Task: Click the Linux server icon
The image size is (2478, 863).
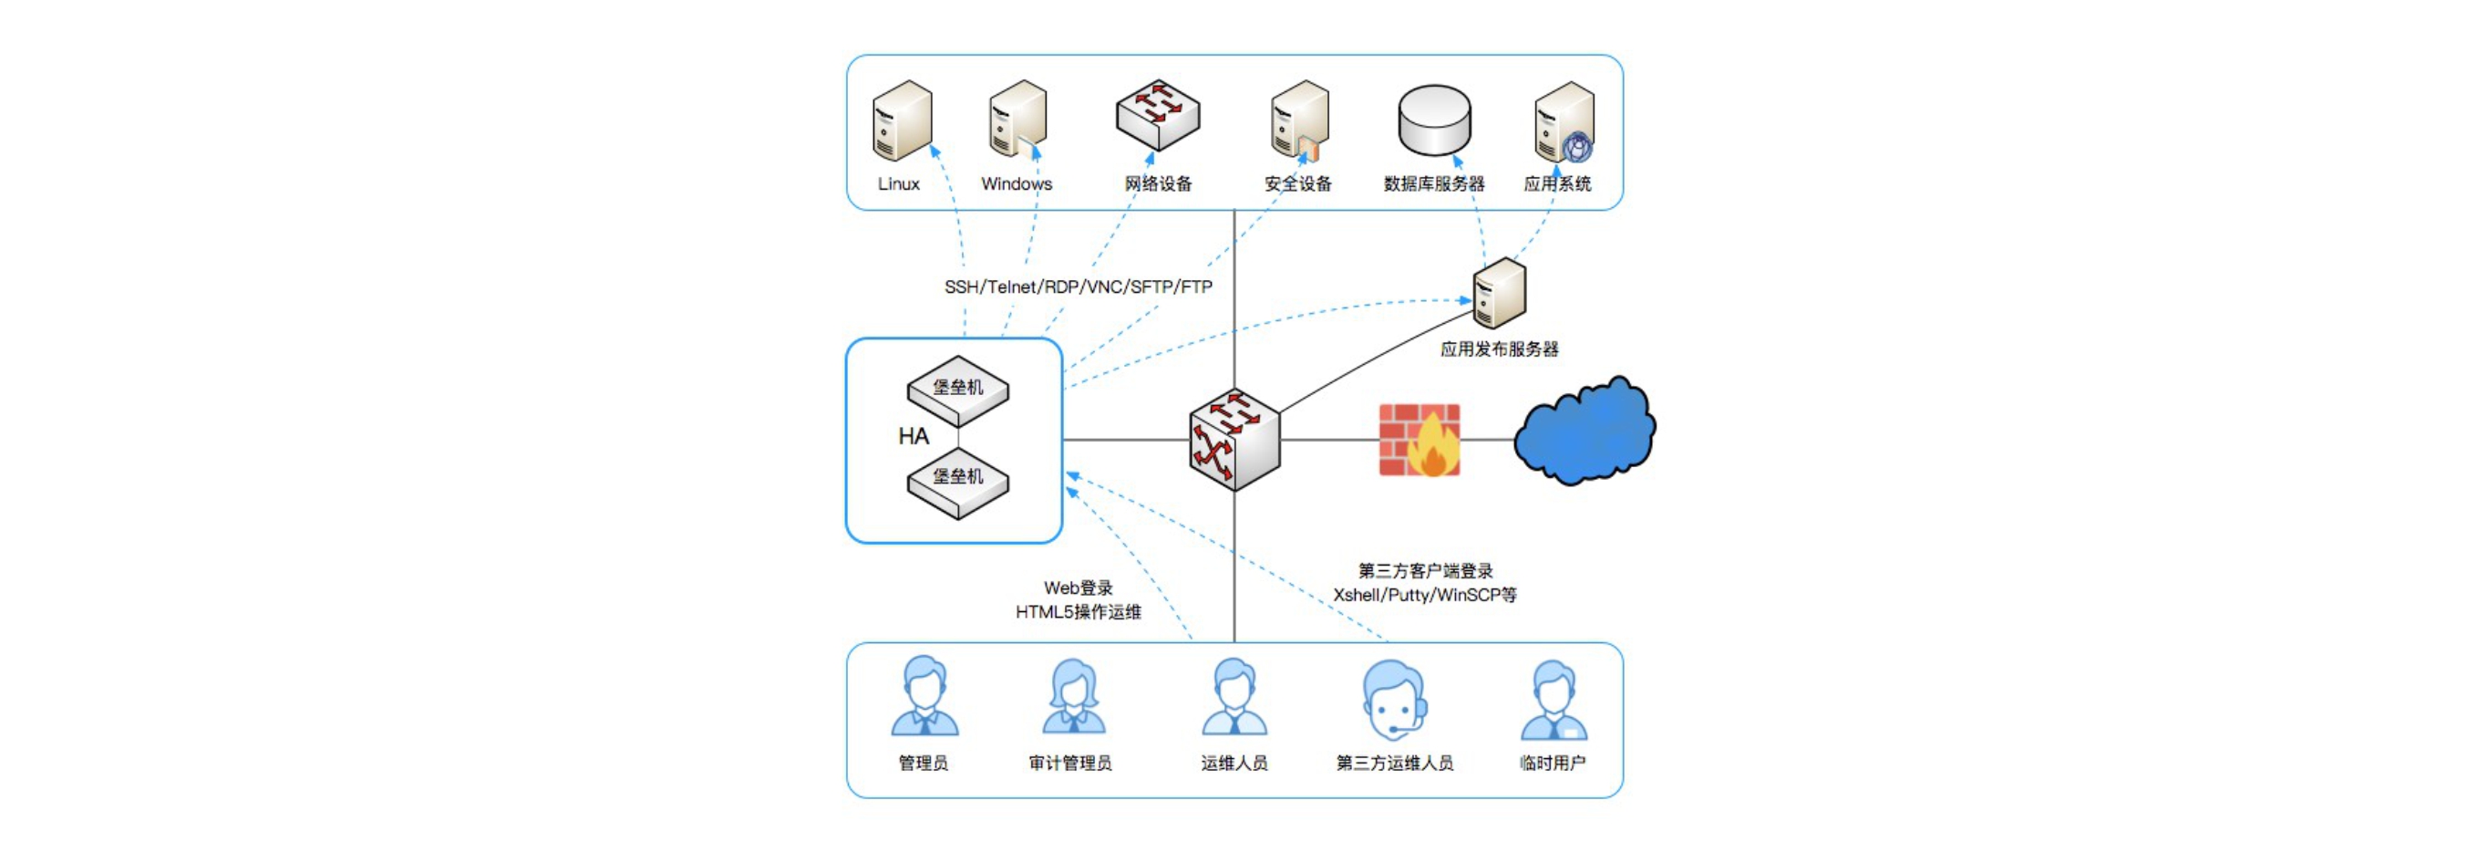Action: (x=902, y=120)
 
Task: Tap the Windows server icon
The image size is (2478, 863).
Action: (x=1017, y=120)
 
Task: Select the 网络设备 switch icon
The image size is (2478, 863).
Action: (x=1157, y=116)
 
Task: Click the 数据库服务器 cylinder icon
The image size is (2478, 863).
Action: (x=1433, y=120)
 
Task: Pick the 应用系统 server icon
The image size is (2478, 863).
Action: (x=1564, y=122)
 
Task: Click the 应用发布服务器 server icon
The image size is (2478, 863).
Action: (x=1499, y=293)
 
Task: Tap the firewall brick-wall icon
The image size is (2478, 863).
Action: (x=1419, y=440)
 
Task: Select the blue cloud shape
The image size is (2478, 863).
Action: (x=1585, y=431)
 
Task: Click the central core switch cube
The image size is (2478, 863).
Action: (x=1234, y=440)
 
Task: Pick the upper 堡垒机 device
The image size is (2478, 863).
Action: (x=958, y=390)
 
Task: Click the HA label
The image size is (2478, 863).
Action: (x=913, y=437)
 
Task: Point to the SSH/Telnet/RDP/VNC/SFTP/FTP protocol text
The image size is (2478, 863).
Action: (x=1078, y=286)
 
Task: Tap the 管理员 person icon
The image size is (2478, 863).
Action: (x=924, y=697)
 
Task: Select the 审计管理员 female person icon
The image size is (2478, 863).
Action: (x=1072, y=697)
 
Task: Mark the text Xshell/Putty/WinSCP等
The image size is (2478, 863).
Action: (x=1424, y=596)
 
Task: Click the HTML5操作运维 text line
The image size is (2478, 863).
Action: (x=1078, y=612)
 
